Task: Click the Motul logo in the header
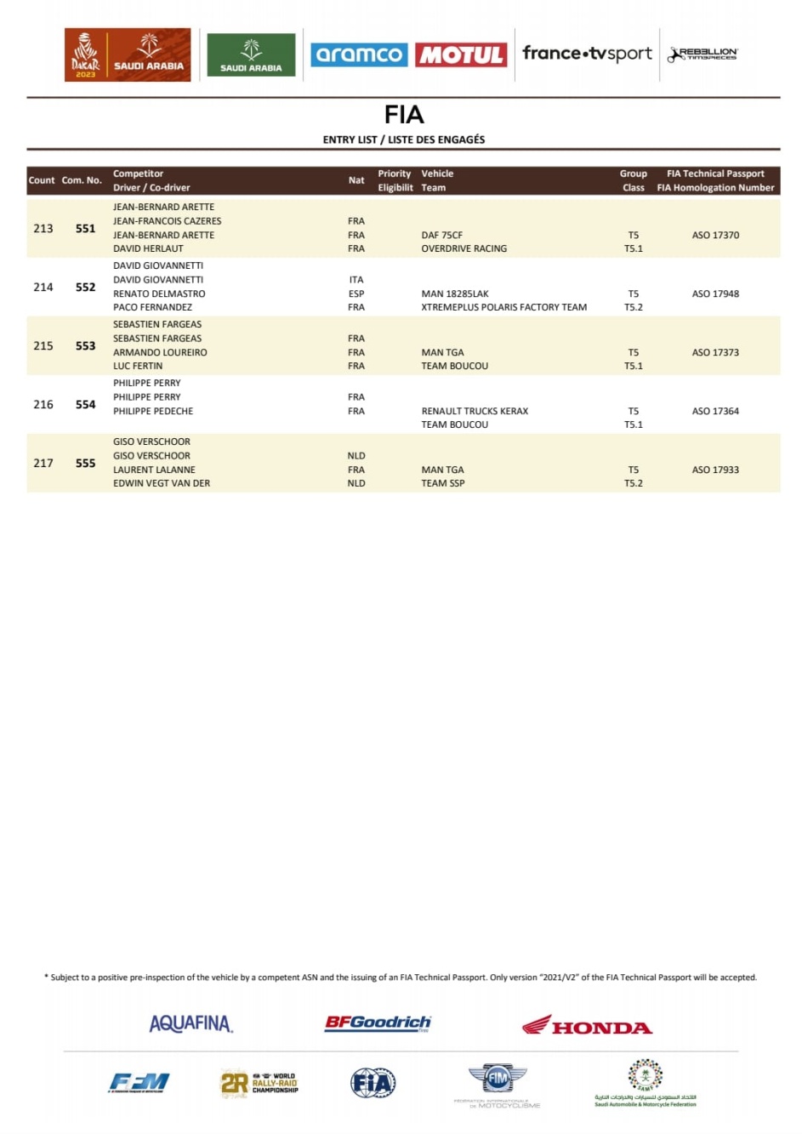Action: click(x=461, y=55)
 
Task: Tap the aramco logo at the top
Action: click(x=359, y=55)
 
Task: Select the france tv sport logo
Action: click(x=587, y=54)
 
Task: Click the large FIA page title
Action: click(x=403, y=115)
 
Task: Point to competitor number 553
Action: click(x=85, y=346)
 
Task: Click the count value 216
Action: click(x=43, y=405)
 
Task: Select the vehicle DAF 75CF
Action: click(x=441, y=236)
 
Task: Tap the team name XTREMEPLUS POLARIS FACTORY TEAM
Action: click(x=503, y=308)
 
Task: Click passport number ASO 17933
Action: click(x=715, y=470)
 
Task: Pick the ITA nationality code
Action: click(x=355, y=280)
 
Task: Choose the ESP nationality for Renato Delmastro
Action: click(x=355, y=294)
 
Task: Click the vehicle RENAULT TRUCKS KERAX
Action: click(x=475, y=412)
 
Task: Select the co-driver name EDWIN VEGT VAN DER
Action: click(x=162, y=483)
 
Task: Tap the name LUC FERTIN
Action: click(x=138, y=367)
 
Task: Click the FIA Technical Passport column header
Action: click(x=715, y=174)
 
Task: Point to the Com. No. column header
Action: click(x=82, y=180)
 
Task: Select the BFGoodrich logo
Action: click(x=378, y=1023)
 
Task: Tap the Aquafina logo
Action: click(x=191, y=1023)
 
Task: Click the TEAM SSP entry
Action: click(x=442, y=483)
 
